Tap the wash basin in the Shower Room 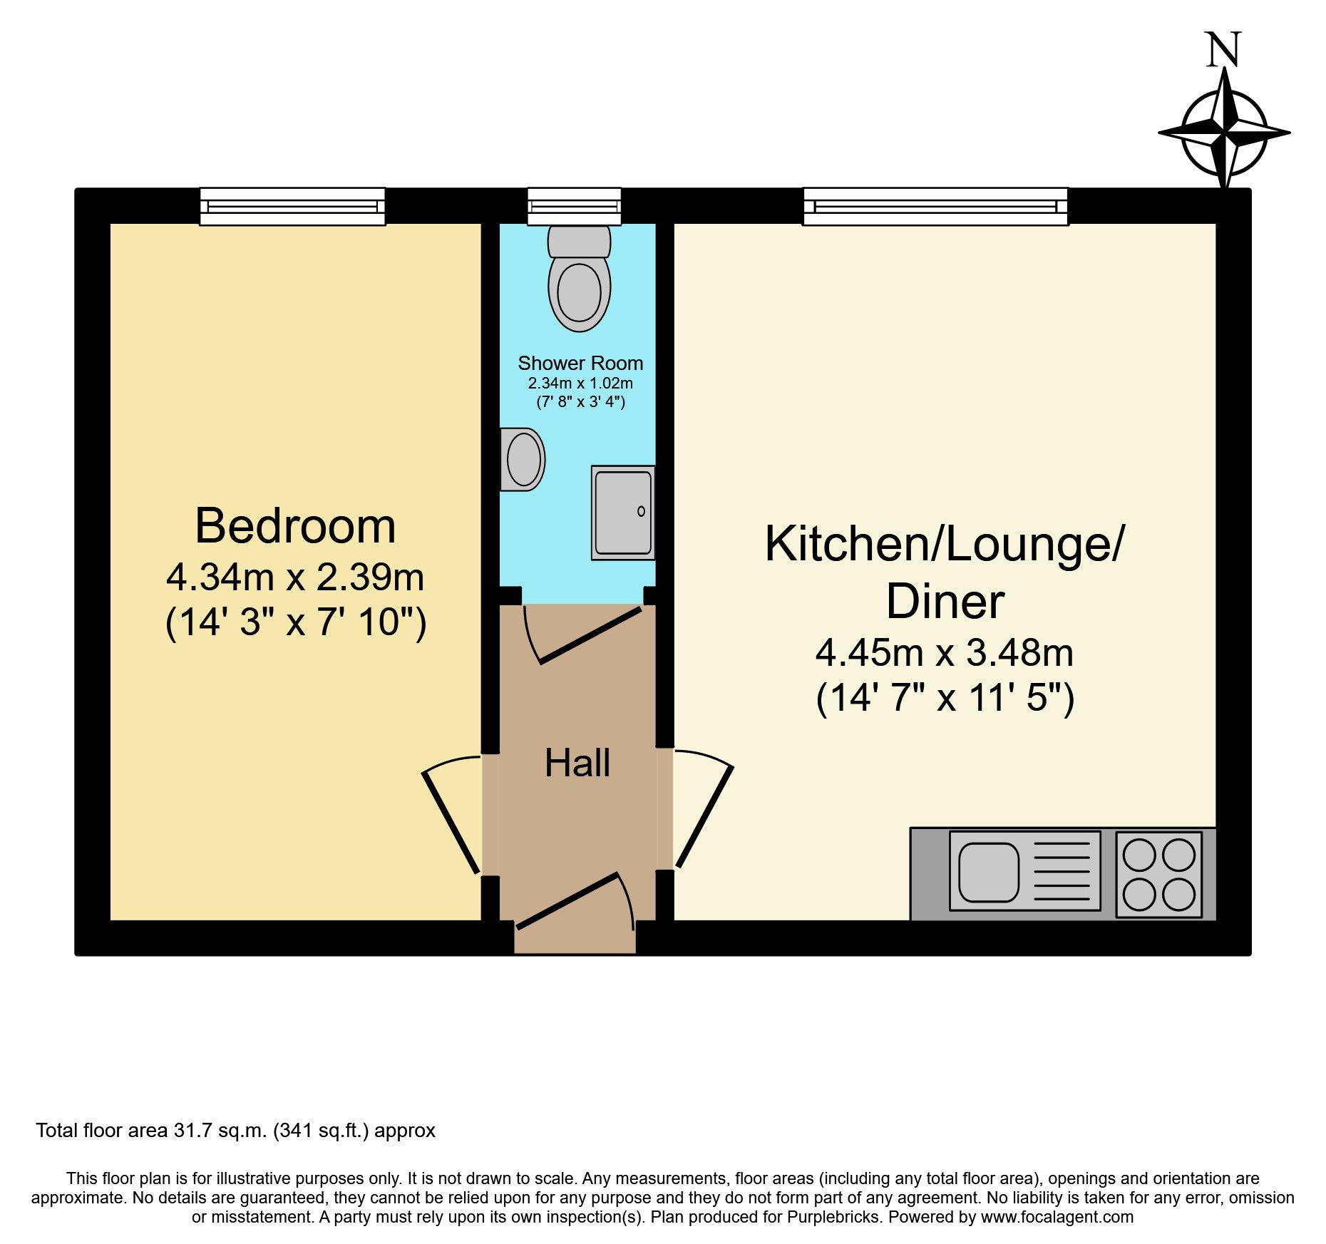(523, 459)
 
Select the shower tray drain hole (641, 511)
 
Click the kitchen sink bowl (988, 872)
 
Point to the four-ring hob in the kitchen (1158, 874)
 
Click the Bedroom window (292, 206)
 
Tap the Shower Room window (574, 206)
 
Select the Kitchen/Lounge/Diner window (935, 206)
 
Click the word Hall (577, 764)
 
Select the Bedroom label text (295, 526)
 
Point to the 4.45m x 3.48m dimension (944, 652)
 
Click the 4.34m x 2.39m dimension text (295, 577)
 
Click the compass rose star (1224, 133)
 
